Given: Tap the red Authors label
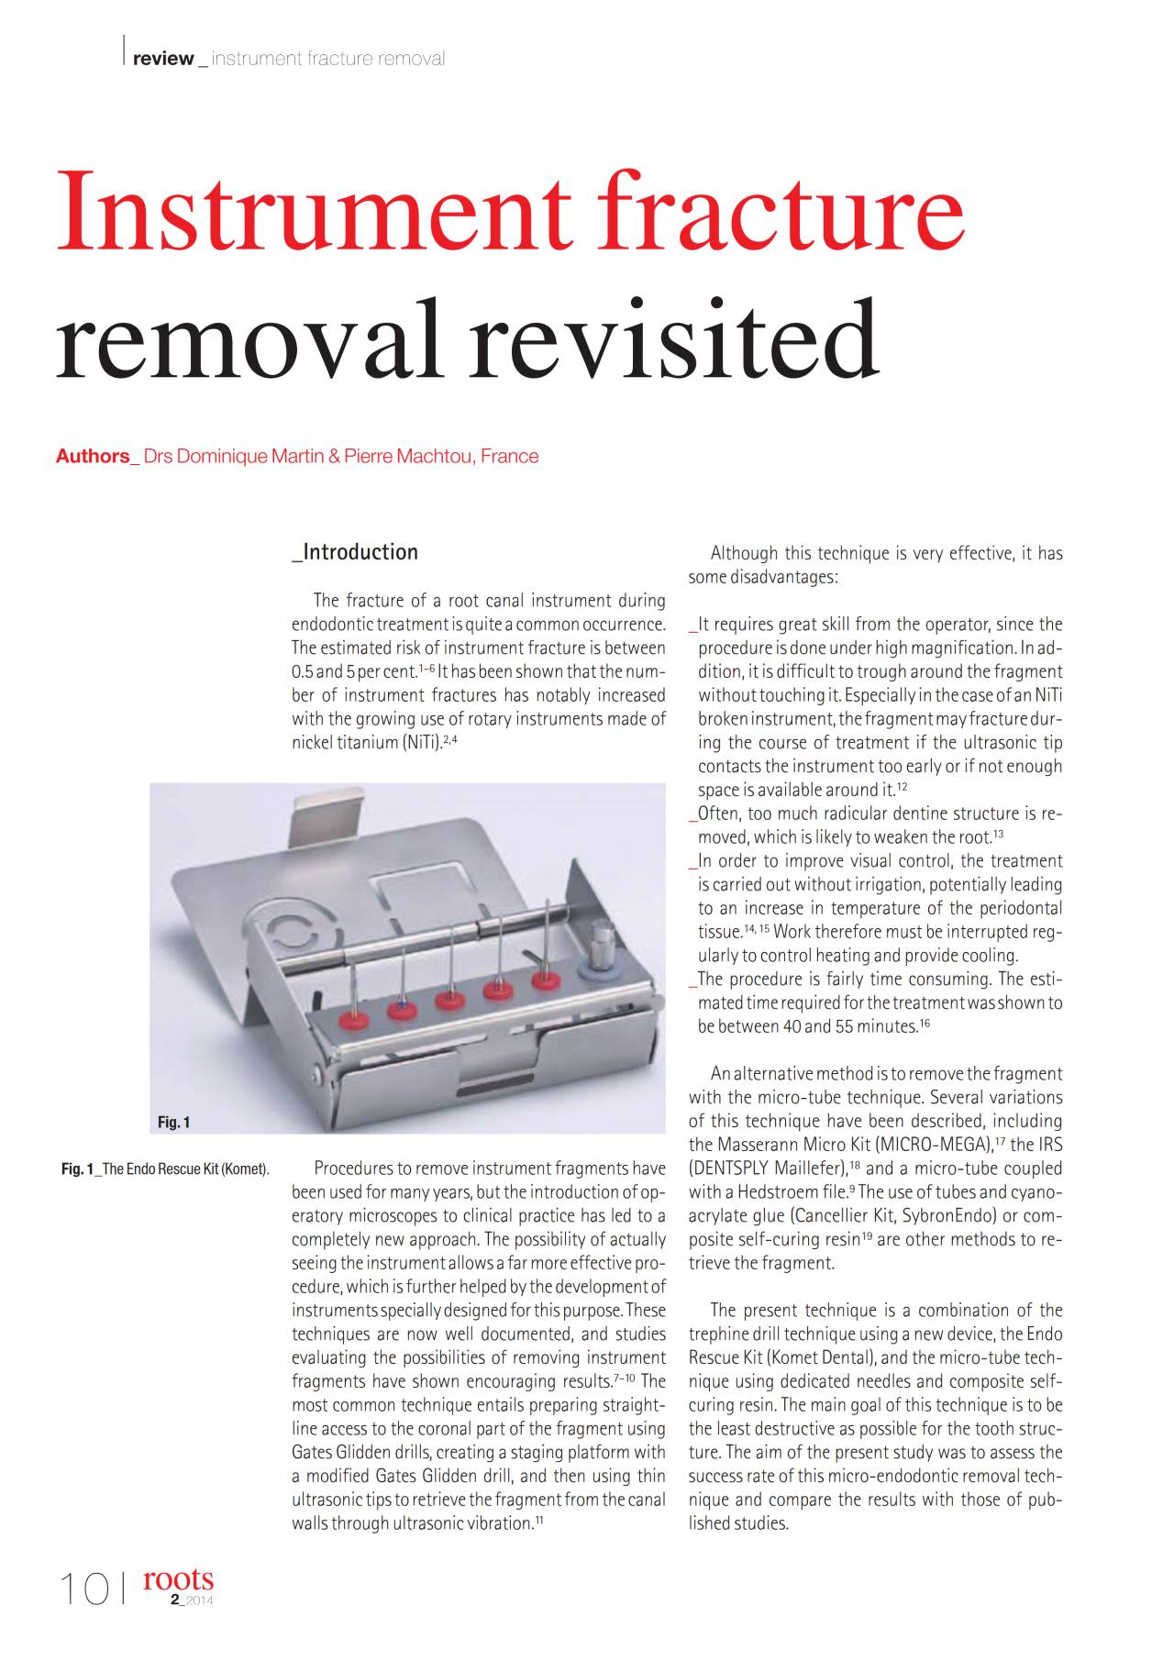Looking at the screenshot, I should point(93,457).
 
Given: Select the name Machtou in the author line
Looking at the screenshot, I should point(435,457).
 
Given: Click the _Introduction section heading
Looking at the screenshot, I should point(355,552).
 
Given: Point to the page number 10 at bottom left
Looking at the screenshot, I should point(83,1589).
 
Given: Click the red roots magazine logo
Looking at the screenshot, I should point(178,1578).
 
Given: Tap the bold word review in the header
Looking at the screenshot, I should point(163,59).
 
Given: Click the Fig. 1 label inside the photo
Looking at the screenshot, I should point(173,1122).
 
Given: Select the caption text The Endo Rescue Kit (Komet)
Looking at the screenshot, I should point(185,1169).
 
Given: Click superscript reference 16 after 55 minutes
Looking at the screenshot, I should point(925,1024).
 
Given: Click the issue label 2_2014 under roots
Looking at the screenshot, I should point(191,1600).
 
